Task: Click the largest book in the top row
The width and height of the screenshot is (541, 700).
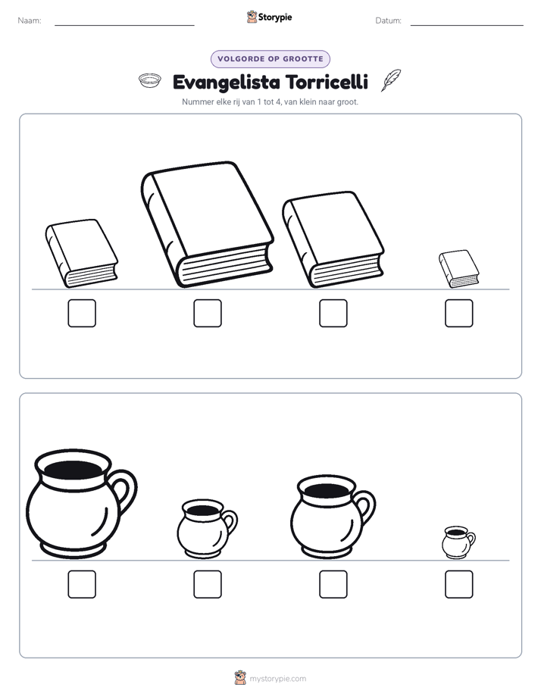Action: coord(208,224)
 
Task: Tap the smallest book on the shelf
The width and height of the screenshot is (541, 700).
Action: coord(459,269)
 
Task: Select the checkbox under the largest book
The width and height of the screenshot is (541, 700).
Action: coord(208,313)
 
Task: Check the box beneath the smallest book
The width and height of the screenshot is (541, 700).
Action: coord(459,313)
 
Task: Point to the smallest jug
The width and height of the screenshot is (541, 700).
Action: coord(458,542)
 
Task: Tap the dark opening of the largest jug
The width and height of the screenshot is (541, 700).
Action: coord(73,470)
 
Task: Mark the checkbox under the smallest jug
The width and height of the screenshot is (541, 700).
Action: coord(459,584)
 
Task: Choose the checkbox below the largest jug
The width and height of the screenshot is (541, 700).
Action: coord(82,584)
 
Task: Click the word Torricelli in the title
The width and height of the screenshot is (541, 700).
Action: coord(327,82)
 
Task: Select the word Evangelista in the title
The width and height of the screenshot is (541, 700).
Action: coord(227,83)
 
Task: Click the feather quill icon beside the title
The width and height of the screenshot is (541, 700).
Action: coord(391,80)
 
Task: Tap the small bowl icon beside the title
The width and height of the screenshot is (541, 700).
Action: coord(149,80)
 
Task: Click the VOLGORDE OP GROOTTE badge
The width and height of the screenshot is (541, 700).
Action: coord(270,59)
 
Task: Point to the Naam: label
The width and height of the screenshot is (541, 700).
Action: coord(30,20)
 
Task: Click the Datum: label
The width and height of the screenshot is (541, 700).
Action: coord(389,20)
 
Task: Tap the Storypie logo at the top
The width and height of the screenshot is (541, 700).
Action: coord(270,17)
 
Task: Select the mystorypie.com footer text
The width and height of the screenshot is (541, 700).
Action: coord(277,679)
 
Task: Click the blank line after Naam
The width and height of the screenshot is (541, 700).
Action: coord(124,25)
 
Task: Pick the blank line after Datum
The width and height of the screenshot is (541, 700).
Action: coord(467,25)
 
